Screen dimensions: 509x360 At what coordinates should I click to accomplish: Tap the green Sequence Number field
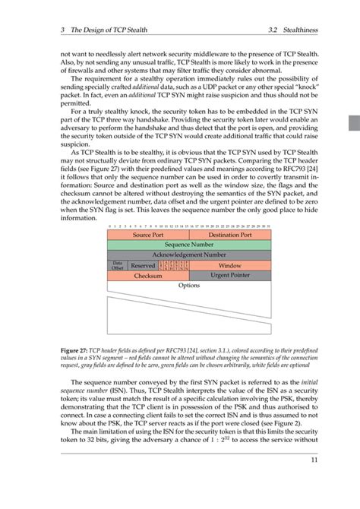pos(188,245)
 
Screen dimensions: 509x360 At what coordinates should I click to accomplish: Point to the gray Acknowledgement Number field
pos(188,255)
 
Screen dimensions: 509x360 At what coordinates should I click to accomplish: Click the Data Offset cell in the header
pos(118,266)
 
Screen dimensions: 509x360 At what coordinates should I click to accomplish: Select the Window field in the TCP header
pos(229,266)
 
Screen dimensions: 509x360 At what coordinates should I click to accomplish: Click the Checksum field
pos(148,277)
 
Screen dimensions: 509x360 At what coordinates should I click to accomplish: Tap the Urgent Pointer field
pos(229,277)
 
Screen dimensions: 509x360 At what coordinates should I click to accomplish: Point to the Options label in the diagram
pos(188,286)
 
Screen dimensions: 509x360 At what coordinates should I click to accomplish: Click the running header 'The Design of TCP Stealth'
pos(106,30)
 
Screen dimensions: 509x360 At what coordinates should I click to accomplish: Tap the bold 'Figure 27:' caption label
pos(77,351)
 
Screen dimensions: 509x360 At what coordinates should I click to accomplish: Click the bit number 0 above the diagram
pos(109,226)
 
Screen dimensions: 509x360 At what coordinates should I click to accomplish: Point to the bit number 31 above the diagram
pos(268,226)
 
